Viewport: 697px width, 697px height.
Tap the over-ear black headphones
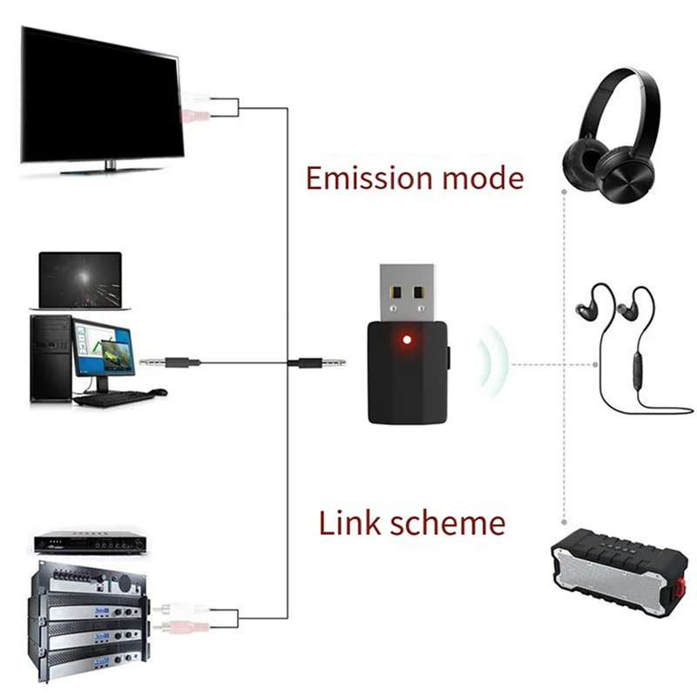click(x=611, y=131)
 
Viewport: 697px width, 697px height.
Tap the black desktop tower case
click(x=50, y=357)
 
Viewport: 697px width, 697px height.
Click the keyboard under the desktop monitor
click(x=113, y=398)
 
